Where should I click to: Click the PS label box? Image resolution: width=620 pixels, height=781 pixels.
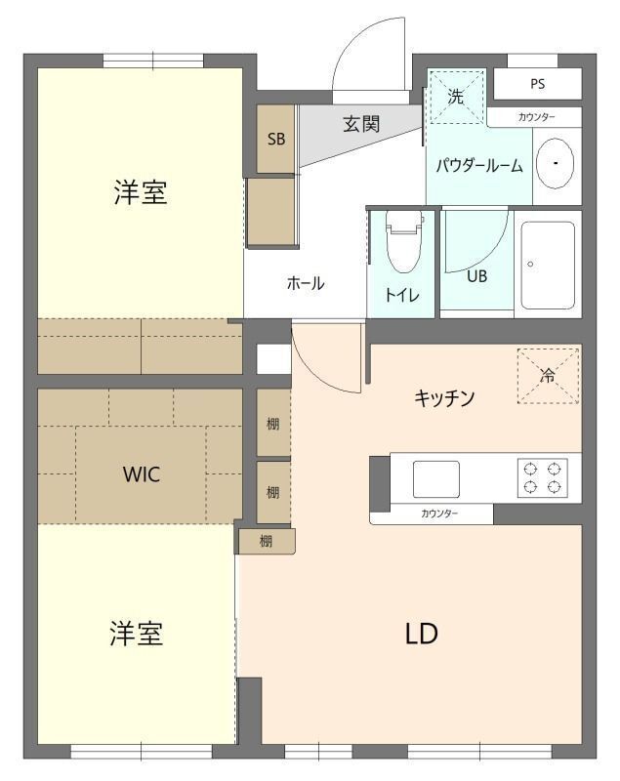[x=537, y=84]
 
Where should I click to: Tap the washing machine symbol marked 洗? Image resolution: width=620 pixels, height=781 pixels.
[x=456, y=97]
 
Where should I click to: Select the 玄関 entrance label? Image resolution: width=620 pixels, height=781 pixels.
[x=361, y=124]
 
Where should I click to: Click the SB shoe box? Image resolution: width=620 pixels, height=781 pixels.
[x=276, y=139]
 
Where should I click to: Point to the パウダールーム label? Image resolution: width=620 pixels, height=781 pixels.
[x=478, y=166]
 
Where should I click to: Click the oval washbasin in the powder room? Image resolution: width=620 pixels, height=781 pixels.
[x=555, y=163]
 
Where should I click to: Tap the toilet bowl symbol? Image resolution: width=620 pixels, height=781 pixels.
[x=402, y=247]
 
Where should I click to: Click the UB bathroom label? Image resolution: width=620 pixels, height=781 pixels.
[x=476, y=275]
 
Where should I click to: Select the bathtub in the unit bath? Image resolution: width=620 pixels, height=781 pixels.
[x=548, y=264]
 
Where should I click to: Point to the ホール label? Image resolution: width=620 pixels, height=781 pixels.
[x=306, y=283]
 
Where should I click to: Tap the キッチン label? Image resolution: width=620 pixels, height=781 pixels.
[x=444, y=397]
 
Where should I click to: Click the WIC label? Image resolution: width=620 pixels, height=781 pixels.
[x=142, y=475]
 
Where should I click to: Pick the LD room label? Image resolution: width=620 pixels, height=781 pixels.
[x=422, y=634]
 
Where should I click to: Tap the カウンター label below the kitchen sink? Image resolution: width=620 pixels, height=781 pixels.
[x=439, y=514]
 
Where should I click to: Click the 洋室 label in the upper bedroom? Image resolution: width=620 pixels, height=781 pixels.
[x=141, y=192]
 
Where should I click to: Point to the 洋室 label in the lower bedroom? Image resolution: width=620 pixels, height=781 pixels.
[x=136, y=634]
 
